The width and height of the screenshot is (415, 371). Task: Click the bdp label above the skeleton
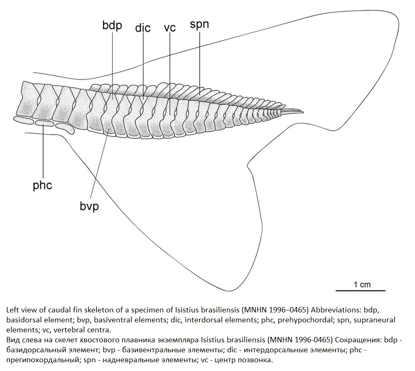pyautogui.click(x=112, y=26)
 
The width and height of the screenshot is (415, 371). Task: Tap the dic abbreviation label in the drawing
pyautogui.click(x=143, y=28)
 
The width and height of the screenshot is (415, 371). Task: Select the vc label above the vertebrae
pyautogui.click(x=170, y=28)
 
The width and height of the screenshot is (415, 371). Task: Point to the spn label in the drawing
pyautogui.click(x=199, y=25)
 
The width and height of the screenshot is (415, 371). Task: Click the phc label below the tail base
pyautogui.click(x=42, y=185)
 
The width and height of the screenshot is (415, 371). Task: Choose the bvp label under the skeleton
pyautogui.click(x=89, y=206)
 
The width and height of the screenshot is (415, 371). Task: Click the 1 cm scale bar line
pyautogui.click(x=361, y=290)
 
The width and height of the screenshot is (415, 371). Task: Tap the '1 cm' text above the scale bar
pyautogui.click(x=362, y=284)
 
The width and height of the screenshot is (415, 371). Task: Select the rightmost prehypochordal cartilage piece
pyautogui.click(x=66, y=128)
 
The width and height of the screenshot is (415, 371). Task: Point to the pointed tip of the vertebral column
pyautogui.click(x=303, y=112)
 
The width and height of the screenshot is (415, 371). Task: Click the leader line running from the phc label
pyautogui.click(x=43, y=152)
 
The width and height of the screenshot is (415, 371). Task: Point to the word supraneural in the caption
pyautogui.click(x=374, y=320)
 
